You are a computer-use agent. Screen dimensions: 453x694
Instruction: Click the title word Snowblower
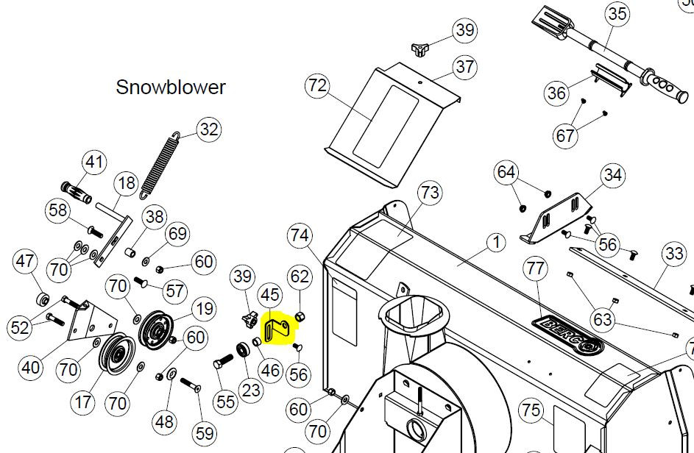tap(171, 87)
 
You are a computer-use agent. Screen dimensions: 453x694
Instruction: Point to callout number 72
tap(317, 86)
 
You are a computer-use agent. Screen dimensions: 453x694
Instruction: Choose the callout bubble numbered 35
tap(617, 13)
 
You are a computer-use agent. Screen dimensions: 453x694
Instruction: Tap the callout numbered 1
tap(495, 242)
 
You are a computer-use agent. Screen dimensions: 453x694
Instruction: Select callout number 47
tap(26, 261)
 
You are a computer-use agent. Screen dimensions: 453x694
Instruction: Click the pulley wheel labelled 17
tap(115, 357)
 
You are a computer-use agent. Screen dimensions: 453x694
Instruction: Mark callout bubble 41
tap(93, 162)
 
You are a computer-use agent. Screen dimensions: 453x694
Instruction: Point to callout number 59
tap(205, 433)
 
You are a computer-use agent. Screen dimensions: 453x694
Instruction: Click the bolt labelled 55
tap(224, 363)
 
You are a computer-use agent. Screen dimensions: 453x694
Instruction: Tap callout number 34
tap(612, 175)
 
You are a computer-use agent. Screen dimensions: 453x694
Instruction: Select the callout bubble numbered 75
tap(531, 411)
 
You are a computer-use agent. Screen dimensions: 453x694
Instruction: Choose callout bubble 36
tap(557, 93)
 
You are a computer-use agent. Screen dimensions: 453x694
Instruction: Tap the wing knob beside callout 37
tap(419, 49)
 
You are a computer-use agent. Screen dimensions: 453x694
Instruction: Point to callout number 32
tap(209, 129)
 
